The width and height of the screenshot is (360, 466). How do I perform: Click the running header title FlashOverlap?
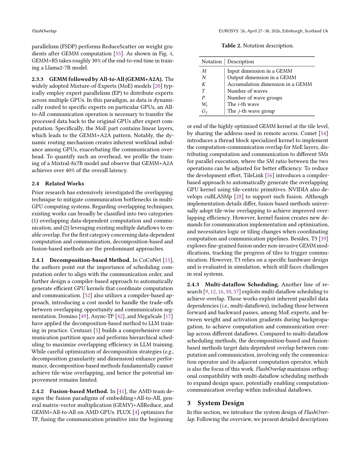[44, 31]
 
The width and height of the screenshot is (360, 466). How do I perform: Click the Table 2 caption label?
[231, 46]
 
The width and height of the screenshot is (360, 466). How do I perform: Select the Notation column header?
[211, 61]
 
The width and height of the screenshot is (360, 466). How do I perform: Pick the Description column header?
[240, 61]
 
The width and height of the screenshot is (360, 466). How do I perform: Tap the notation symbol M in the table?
[204, 71]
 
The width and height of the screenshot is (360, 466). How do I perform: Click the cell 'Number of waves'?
[247, 91]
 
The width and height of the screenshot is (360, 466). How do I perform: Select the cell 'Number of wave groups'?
[254, 98]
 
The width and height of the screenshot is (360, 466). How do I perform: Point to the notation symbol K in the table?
[204, 84]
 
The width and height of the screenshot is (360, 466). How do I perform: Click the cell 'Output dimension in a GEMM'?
[261, 77]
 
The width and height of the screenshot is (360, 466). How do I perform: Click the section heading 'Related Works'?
[64, 184]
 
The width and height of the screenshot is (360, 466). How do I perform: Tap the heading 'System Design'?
[221, 403]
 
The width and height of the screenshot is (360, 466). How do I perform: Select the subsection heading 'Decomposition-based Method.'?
[90, 260]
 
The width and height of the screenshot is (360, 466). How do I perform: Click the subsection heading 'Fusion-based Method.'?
[79, 391]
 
